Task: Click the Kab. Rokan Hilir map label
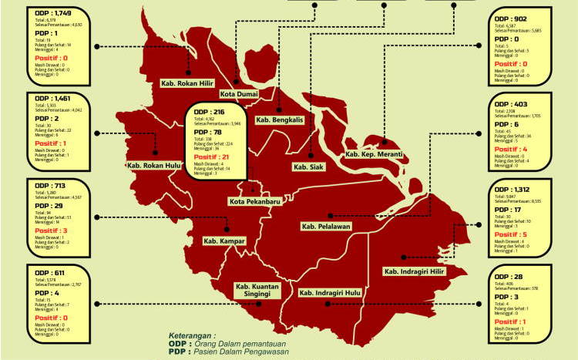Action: coord(188,82)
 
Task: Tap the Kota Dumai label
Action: coord(238,94)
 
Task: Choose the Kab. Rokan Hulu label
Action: coord(155,165)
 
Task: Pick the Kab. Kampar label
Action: coord(224,241)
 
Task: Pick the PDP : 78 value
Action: coord(208,132)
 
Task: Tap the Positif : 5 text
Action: coord(512,234)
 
